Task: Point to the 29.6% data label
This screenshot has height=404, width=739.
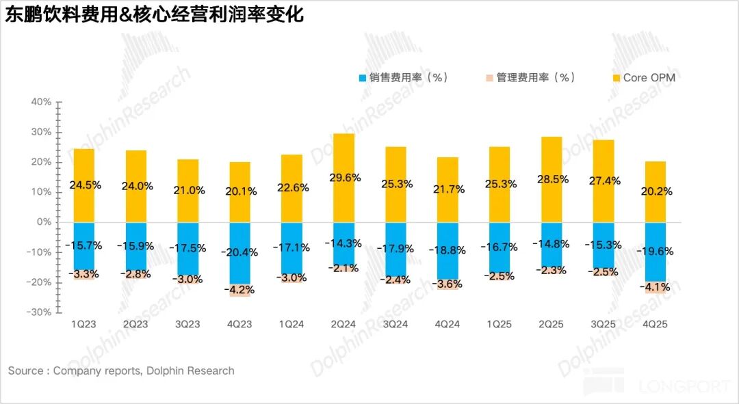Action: (x=343, y=178)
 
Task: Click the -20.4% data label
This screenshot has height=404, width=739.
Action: (x=239, y=252)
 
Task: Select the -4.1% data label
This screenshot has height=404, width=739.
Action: (x=655, y=288)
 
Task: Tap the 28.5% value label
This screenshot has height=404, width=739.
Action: (x=551, y=179)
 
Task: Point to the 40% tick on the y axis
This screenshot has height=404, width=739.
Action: (x=42, y=102)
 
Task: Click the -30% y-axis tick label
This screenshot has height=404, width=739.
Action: (x=40, y=312)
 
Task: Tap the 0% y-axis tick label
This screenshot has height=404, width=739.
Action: (x=44, y=222)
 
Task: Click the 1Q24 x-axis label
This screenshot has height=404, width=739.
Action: (x=291, y=324)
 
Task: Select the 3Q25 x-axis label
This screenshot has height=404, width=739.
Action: (x=603, y=324)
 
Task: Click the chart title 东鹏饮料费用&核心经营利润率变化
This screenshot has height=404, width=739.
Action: (x=155, y=15)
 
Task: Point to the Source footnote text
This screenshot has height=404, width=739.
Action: (x=121, y=371)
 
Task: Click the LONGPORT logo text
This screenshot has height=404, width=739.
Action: (x=684, y=387)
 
